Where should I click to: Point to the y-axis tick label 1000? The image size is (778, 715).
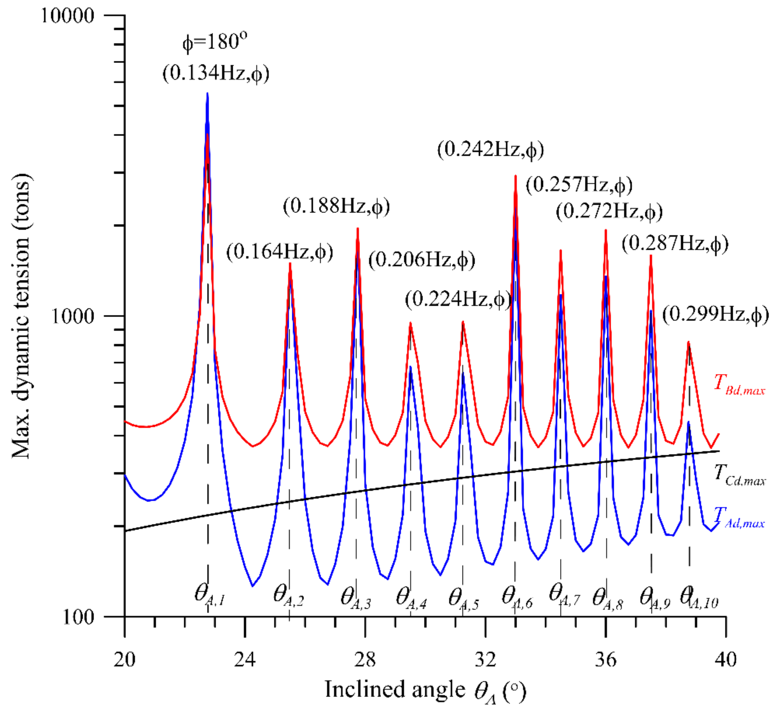point(73,316)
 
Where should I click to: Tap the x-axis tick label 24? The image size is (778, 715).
point(245,659)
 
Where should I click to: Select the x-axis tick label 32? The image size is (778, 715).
point(485,659)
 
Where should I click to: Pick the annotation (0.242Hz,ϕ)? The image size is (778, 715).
point(491,150)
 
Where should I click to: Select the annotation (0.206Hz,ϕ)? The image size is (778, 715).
point(422,260)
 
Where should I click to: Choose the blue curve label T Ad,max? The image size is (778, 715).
point(739,518)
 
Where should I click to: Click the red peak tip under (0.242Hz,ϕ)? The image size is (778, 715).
point(516,176)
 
